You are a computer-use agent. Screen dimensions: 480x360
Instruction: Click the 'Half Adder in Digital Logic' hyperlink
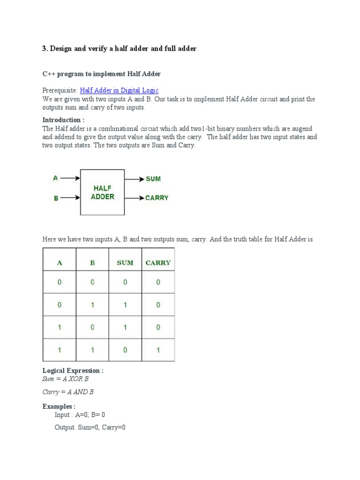119,90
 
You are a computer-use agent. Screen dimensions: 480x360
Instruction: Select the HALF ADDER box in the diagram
102,192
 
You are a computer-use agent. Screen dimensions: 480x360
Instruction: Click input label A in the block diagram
55,178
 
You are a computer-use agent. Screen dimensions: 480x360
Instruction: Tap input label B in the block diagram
56,198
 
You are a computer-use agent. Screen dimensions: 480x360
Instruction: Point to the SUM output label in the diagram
153,179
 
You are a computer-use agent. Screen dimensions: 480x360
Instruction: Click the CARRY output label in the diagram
157,198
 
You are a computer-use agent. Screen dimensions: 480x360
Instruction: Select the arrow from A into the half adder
70,178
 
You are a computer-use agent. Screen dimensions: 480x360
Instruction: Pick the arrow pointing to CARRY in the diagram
134,198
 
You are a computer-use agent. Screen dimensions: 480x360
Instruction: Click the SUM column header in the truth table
125,263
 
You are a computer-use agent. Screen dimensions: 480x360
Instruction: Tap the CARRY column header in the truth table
158,263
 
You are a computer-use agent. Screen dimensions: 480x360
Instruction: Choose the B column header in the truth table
92,263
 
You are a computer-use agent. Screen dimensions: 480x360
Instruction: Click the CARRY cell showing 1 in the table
158,350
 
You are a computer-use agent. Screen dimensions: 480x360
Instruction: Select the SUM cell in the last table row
125,350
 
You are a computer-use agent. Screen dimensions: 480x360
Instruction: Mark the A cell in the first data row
60,282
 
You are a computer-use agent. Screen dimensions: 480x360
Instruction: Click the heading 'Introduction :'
63,120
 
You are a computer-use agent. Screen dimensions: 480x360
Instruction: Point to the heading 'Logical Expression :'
73,371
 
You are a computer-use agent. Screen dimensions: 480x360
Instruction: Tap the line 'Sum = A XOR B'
65,379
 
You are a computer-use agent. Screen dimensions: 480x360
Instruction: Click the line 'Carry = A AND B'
68,392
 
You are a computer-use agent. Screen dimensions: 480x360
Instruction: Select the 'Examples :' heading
59,406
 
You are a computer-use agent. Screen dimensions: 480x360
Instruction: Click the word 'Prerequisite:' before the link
60,90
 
